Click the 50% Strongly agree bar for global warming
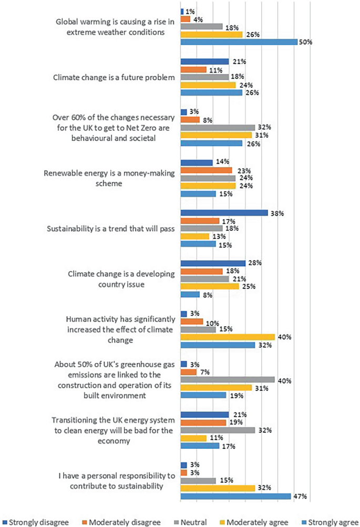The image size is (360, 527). pyautogui.click(x=239, y=42)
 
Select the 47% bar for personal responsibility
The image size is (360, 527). pyautogui.click(x=235, y=496)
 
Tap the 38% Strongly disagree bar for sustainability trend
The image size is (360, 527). pyautogui.click(x=224, y=213)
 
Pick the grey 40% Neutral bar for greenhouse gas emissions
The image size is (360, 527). pyautogui.click(x=228, y=379)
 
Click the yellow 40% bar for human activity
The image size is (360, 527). pyautogui.click(x=228, y=337)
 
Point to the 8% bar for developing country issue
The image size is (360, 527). pyautogui.click(x=190, y=295)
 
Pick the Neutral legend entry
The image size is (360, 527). pyautogui.click(x=192, y=522)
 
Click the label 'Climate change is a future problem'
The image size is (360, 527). pyautogui.click(x=114, y=78)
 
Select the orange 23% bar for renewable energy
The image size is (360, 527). pyautogui.click(x=206, y=170)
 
